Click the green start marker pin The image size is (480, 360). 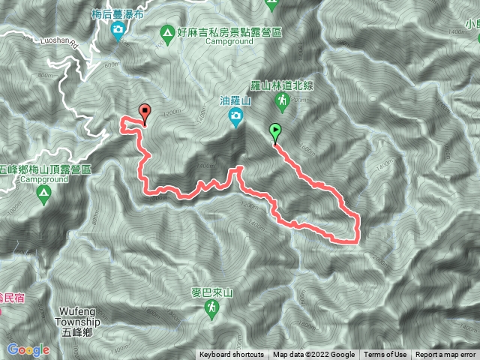[x=275, y=132]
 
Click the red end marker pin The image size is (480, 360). [x=144, y=113]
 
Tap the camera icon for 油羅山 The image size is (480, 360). [x=235, y=116]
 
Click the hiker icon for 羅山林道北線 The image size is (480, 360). [x=281, y=100]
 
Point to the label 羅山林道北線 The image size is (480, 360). [x=280, y=86]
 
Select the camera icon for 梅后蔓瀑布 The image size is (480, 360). [x=118, y=30]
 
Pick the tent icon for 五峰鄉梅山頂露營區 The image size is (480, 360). [x=43, y=195]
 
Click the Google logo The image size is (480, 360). [x=28, y=349]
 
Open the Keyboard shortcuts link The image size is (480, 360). [x=231, y=355]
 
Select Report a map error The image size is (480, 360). [x=446, y=355]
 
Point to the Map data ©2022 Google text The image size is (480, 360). [x=313, y=355]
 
